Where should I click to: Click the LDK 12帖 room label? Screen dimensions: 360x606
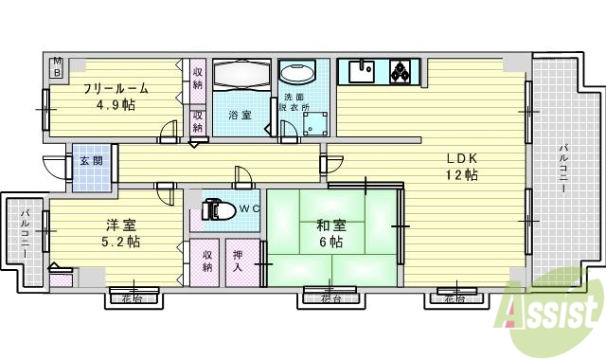461,167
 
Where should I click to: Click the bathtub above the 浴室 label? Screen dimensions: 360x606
240,77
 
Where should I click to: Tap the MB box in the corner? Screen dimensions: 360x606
56,65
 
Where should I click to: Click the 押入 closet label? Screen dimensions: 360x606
240,261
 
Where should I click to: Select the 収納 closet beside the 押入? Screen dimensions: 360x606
207,261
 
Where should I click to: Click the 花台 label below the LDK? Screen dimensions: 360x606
454,299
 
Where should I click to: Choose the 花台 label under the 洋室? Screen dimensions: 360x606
134,299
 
